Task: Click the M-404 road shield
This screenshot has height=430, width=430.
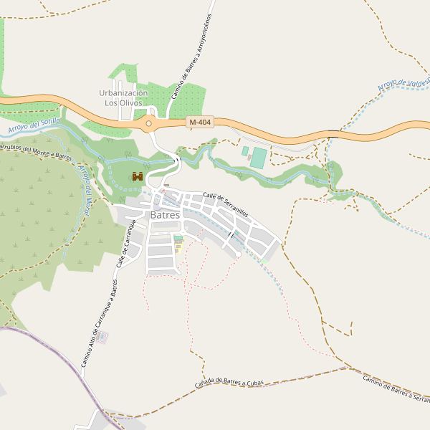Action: pyautogui.click(x=200, y=123)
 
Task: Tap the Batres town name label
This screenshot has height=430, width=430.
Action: pyautogui.click(x=165, y=215)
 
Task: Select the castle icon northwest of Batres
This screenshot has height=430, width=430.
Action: pyautogui.click(x=138, y=176)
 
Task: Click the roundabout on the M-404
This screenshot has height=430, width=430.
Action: pyautogui.click(x=149, y=124)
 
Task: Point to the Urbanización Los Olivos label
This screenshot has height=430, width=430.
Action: pyautogui.click(x=123, y=97)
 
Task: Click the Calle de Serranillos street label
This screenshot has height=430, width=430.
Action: pyautogui.click(x=225, y=205)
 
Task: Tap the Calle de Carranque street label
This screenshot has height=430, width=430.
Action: pyautogui.click(x=126, y=244)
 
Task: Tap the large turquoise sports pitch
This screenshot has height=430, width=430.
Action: pyautogui.click(x=258, y=158)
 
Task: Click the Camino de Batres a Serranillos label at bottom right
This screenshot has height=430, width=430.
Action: pyautogui.click(x=396, y=389)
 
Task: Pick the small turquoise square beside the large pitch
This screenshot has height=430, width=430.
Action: pyautogui.click(x=245, y=150)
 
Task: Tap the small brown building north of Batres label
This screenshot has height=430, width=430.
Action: pyautogui.click(x=166, y=186)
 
